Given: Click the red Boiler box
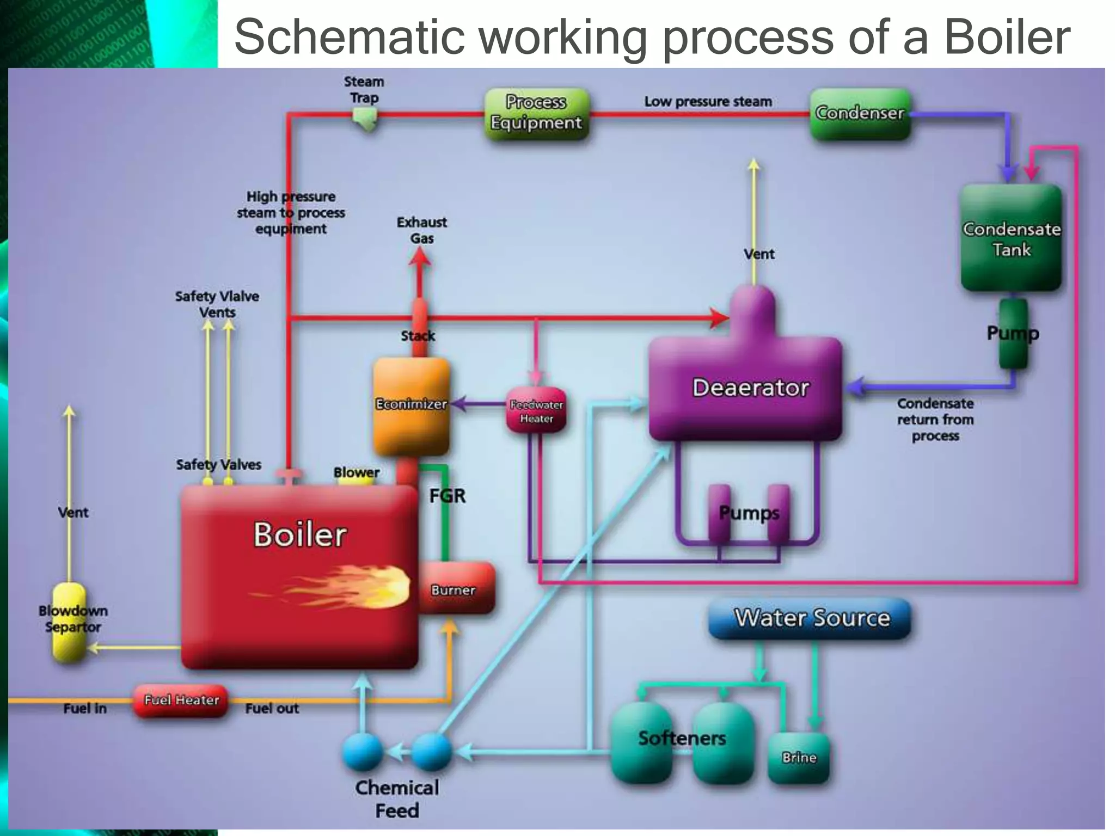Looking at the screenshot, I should click(299, 577).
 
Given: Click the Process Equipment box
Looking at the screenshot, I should click(537, 113).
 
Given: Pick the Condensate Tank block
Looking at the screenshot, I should click(1011, 238).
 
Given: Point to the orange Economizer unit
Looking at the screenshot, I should click(412, 405).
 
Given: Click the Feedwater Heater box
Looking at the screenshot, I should click(536, 411).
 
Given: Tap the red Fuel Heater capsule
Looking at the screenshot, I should click(181, 700).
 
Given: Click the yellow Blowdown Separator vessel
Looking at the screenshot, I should click(70, 620).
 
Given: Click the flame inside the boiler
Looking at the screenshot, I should click(354, 588).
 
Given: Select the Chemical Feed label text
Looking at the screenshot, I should click(397, 798).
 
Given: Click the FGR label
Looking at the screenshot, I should click(448, 496).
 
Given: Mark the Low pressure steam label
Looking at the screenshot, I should click(708, 102).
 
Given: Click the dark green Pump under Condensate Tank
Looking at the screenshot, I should click(1013, 333).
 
